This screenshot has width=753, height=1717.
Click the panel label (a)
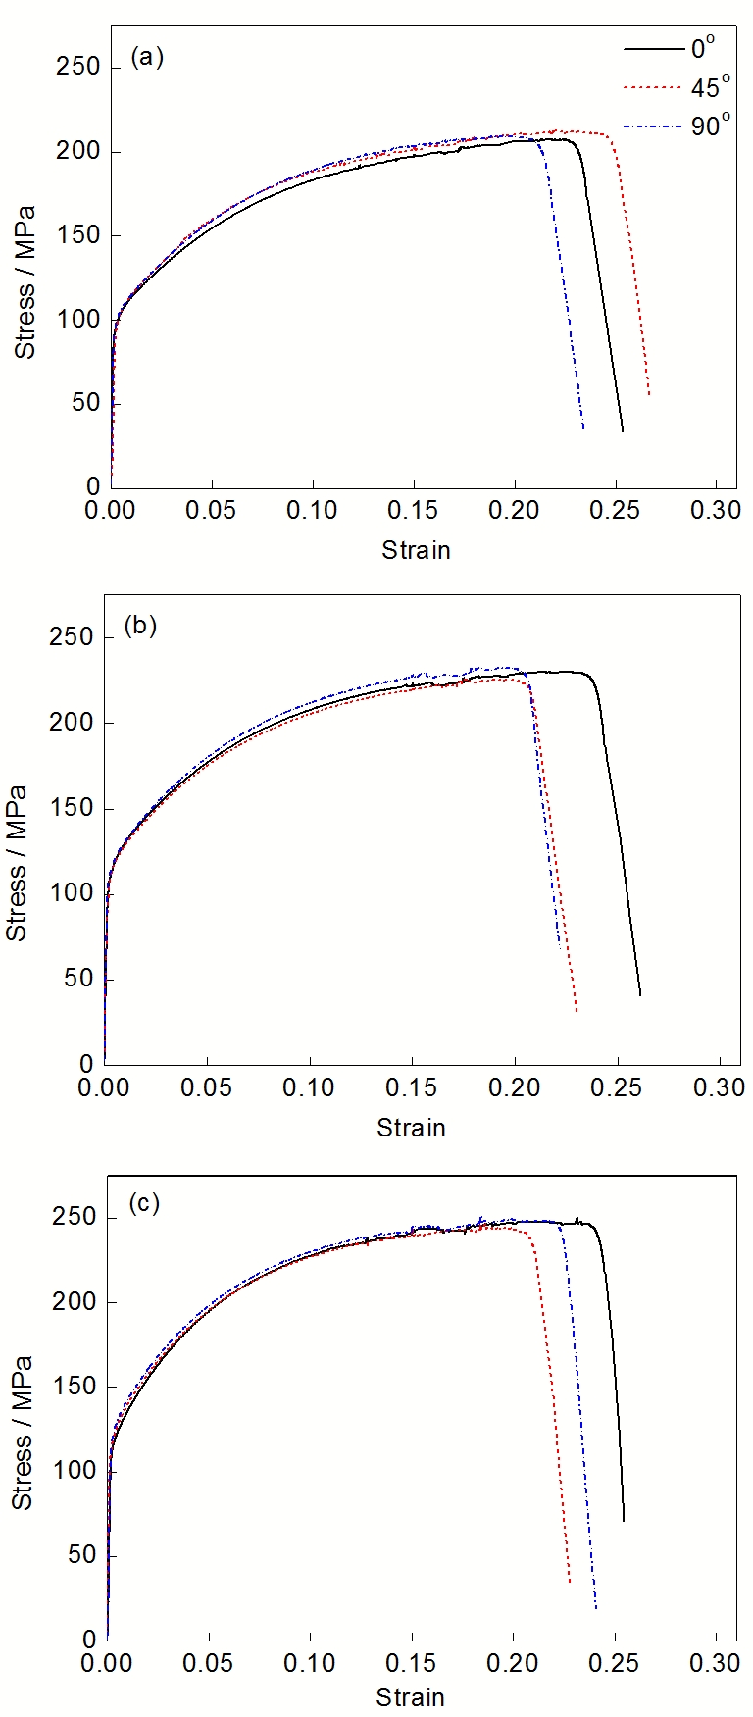pyautogui.click(x=146, y=58)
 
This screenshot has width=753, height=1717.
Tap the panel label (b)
pyautogui.click(x=141, y=625)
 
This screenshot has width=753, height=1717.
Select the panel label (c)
pyautogui.click(x=143, y=1203)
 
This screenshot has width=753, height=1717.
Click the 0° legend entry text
pyautogui.click(x=702, y=46)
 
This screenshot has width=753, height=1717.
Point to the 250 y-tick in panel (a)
pyautogui.click(x=78, y=67)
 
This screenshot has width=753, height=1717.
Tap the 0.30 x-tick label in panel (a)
pyautogui.click(x=715, y=511)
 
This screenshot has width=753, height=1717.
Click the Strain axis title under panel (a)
pyautogui.click(x=416, y=550)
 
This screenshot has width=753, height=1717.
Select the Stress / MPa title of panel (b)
pyautogui.click(x=17, y=863)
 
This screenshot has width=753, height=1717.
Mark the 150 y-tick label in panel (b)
pyautogui.click(x=74, y=809)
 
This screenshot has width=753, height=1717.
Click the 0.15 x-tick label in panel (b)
pyautogui.click(x=412, y=1087)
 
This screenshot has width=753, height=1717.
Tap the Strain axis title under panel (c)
pyautogui.click(x=411, y=1697)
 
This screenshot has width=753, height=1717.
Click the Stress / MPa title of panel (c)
pyautogui.click(x=22, y=1432)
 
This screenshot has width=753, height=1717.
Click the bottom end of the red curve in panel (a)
pyautogui.click(x=649, y=395)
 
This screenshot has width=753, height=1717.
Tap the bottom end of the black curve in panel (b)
pyautogui.click(x=640, y=995)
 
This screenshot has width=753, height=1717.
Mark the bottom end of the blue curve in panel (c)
pyautogui.click(x=596, y=1608)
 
